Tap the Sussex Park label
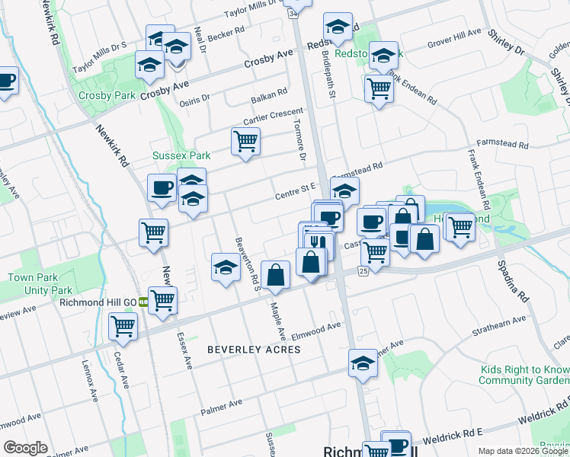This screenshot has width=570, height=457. (x=181, y=155)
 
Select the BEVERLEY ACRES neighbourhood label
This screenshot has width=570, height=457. (x=254, y=350)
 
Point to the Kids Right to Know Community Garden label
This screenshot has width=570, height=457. (x=524, y=375)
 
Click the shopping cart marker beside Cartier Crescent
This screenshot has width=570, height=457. (x=245, y=141)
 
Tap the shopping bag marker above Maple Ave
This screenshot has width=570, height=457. (x=275, y=274)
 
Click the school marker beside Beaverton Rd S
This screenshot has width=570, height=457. (x=226, y=267)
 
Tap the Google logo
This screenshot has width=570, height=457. (x=25, y=448)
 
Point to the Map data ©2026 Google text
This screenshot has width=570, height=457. (x=524, y=451)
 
